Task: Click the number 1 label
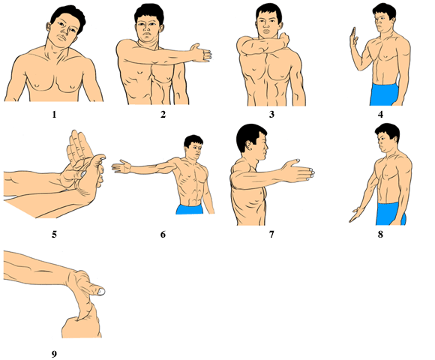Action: coord(54,114)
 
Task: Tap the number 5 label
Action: coord(54,235)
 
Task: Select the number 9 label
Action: coord(54,354)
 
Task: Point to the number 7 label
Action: coord(271,235)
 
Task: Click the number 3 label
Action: coord(271,114)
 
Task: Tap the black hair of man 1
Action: coord(69,15)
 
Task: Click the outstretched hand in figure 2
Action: coord(201,52)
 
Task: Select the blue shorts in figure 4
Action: coord(384,94)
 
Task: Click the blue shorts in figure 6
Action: coord(190,209)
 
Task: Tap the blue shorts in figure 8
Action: coord(390,214)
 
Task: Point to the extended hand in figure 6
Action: coord(121,167)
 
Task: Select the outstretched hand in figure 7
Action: coord(298,170)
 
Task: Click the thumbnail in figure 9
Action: coord(101,292)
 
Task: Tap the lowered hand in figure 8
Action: coord(355,215)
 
